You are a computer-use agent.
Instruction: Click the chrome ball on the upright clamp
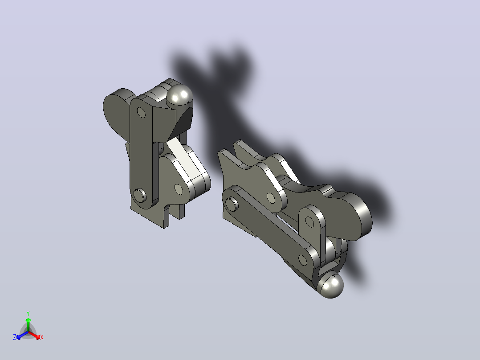tap(180, 95)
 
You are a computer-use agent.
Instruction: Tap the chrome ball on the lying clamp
tap(332, 286)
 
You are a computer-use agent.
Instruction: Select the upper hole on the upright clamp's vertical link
tap(141, 112)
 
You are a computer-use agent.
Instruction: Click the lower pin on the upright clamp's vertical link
tap(140, 195)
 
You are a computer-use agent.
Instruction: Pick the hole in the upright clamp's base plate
tap(179, 190)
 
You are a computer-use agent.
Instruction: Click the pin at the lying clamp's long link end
tap(232, 203)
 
